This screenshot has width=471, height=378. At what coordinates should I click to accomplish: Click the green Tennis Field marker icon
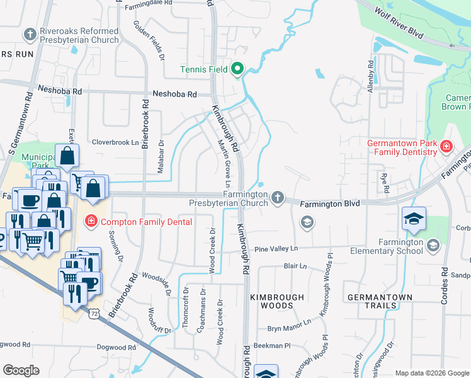coord(237,69)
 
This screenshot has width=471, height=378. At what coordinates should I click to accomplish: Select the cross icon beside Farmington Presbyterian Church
coord(277,198)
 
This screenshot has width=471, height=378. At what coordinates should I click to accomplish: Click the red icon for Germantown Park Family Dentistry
coord(446,147)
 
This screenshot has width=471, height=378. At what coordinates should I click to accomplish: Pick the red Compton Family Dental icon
coord(90,220)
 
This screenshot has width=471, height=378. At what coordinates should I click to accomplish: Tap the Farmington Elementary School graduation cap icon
coord(433,244)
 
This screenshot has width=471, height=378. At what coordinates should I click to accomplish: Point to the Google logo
coord(22,370)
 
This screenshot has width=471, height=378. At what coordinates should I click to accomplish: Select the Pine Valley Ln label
coord(275,249)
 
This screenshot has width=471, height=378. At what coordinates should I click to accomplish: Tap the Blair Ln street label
coord(294,266)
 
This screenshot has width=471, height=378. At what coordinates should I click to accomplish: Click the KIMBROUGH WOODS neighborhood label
coord(276,301)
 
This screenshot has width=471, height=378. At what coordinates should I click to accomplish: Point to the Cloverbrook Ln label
coord(115,142)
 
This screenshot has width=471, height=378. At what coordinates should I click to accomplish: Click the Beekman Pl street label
coord(271,346)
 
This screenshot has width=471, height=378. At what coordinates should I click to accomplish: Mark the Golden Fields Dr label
coord(149,40)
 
